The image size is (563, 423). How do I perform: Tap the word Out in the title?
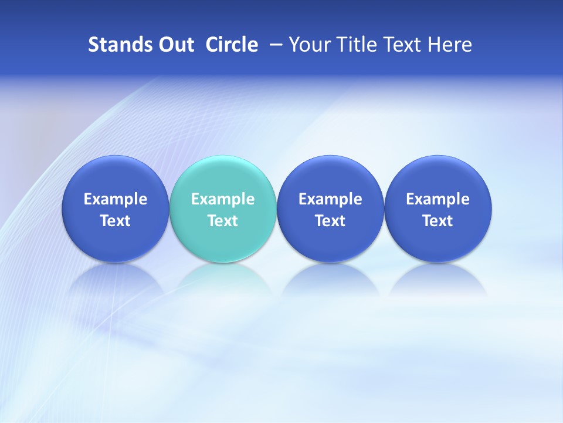click(175, 45)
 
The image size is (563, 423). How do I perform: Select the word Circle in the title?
click(232, 45)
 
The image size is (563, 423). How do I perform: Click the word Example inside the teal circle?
click(223, 199)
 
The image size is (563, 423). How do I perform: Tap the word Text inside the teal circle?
click(223, 221)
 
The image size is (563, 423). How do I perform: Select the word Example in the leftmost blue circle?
click(116, 199)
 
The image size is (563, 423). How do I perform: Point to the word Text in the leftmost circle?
click(116, 221)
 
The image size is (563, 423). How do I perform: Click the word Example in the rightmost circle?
click(437, 199)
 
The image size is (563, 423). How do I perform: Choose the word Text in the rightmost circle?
click(437, 221)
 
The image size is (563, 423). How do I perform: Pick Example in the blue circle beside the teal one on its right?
click(330, 199)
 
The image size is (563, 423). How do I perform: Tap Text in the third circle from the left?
click(330, 221)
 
